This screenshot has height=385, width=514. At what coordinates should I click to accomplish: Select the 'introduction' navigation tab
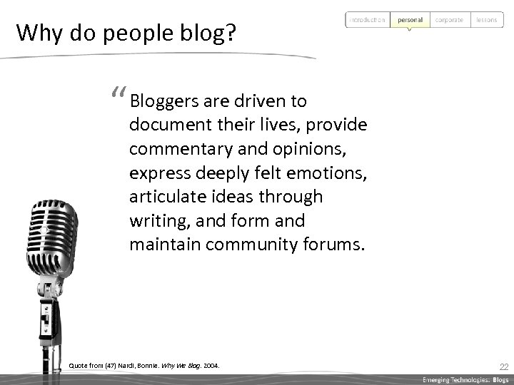click(368, 20)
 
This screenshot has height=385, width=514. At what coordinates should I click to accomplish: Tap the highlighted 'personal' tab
click(410, 20)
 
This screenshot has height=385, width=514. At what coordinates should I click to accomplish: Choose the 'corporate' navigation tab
click(449, 20)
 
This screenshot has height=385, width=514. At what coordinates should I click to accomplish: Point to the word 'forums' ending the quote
click(337, 245)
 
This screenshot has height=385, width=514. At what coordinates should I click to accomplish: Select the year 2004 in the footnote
click(211, 366)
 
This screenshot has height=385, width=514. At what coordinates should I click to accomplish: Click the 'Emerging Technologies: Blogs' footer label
click(465, 379)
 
